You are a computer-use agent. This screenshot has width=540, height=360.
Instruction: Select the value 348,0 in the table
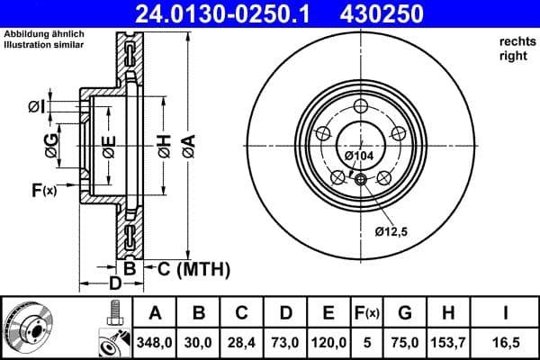click(x=154, y=342)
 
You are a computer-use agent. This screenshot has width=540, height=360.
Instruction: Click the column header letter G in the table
click(x=405, y=313)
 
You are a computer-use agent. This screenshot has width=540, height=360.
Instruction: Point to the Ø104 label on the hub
click(x=360, y=157)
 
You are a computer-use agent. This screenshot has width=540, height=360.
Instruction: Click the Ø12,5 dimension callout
click(x=392, y=232)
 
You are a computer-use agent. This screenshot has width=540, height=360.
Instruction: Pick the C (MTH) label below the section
click(x=194, y=268)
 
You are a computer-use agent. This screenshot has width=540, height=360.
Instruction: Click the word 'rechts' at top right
click(x=516, y=42)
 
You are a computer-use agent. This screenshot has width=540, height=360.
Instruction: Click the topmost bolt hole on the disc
click(x=359, y=107)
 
